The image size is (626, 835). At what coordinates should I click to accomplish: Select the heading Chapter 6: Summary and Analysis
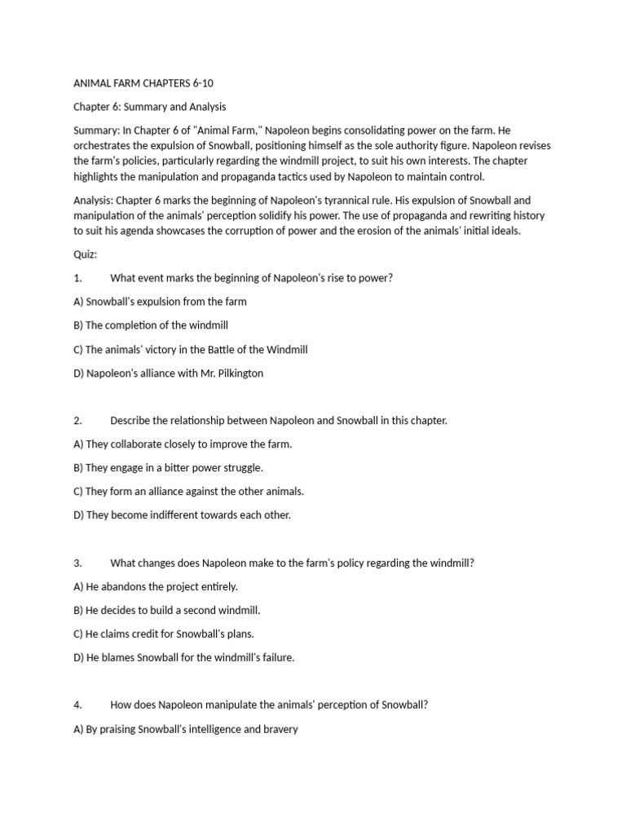click(x=150, y=107)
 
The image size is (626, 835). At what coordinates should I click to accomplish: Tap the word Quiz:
click(x=85, y=254)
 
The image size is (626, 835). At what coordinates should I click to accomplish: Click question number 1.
click(x=77, y=278)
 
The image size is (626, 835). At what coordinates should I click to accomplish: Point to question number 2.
click(x=77, y=421)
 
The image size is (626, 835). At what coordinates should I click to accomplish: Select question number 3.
click(x=77, y=563)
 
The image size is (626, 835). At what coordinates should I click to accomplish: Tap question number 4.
click(x=77, y=705)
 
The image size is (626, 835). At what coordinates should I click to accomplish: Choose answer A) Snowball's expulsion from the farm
click(x=160, y=302)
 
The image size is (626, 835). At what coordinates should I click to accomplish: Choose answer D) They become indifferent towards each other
click(x=182, y=515)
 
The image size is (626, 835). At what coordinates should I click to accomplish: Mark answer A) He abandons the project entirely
click(x=156, y=587)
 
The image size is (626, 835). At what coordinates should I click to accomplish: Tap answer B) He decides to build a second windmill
click(x=167, y=611)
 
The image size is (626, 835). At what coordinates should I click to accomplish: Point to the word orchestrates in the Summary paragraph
click(x=104, y=146)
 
